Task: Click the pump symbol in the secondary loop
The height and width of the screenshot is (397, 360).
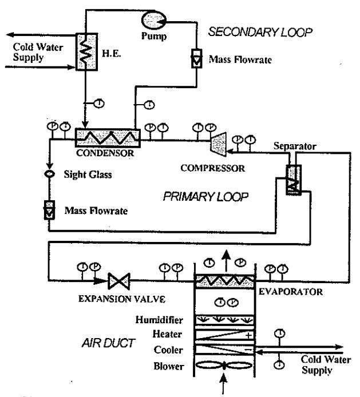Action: (154, 21)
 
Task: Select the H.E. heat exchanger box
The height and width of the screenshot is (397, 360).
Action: (86, 51)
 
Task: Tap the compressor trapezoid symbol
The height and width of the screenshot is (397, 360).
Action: (218, 144)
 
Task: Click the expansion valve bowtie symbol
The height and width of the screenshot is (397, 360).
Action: (119, 281)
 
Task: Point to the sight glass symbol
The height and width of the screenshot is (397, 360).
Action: (49, 174)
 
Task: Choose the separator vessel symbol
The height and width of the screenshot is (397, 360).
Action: (294, 180)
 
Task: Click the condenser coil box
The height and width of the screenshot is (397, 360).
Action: (108, 138)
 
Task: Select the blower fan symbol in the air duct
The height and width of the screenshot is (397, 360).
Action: (224, 366)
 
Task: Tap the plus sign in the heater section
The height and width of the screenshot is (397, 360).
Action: (249, 335)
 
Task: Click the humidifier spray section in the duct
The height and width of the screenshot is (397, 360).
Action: (224, 320)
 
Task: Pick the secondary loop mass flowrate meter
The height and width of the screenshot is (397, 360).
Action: (197, 58)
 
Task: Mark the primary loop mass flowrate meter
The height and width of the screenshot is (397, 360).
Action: (49, 210)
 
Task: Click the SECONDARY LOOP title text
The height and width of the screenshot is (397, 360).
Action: (260, 32)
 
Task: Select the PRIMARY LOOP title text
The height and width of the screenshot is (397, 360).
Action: (205, 196)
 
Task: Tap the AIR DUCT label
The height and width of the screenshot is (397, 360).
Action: (108, 343)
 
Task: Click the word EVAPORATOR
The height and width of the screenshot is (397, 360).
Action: (291, 292)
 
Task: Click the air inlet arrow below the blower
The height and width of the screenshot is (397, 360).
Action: (223, 384)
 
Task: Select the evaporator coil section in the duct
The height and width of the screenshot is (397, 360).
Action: (224, 281)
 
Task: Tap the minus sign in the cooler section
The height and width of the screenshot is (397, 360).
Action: (249, 350)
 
